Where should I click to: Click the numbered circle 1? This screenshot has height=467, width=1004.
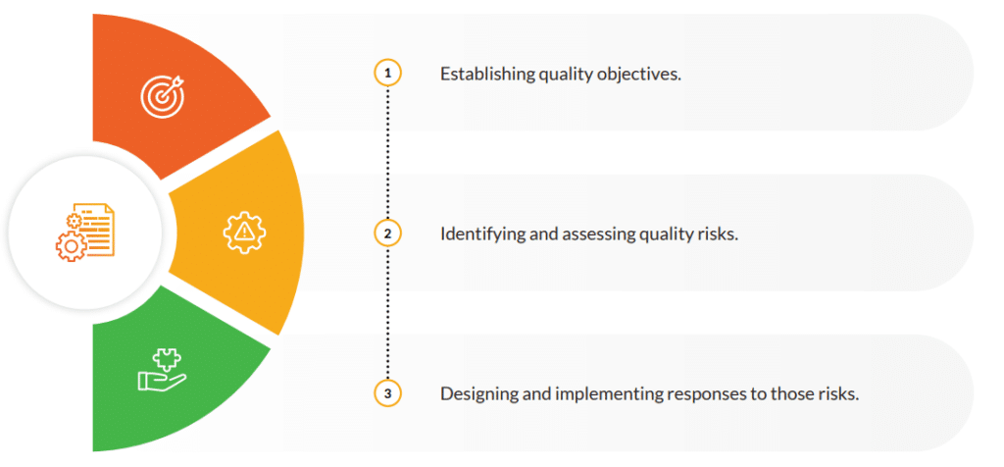tap(387, 74)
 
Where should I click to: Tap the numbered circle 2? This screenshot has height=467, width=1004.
tap(387, 233)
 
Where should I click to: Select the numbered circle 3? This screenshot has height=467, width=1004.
tap(387, 393)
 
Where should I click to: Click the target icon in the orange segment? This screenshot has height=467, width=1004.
tap(163, 97)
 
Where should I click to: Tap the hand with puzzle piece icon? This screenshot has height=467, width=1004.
tap(162, 369)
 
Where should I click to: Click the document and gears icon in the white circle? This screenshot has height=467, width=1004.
tap(84, 232)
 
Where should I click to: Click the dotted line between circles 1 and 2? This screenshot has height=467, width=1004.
tap(387, 154)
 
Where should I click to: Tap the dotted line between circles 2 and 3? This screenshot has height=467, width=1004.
tap(387, 314)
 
